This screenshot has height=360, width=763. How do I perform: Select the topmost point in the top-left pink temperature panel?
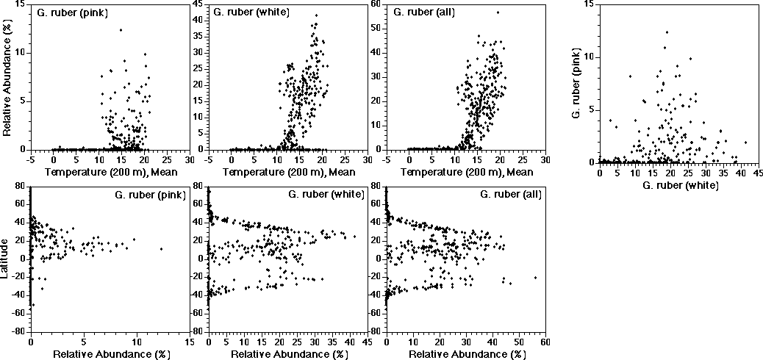[x=121, y=30]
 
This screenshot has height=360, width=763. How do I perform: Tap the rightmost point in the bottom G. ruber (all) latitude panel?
[x=535, y=277]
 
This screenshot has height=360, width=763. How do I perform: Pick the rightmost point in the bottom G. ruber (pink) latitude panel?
[x=161, y=248]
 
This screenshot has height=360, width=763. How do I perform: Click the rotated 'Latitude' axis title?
[x=7, y=259]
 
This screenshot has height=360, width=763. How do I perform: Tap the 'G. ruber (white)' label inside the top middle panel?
[x=251, y=12]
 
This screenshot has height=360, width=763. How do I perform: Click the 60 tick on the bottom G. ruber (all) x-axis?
[x=545, y=342]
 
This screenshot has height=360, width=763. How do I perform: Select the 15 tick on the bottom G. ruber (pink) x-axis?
[x=190, y=342]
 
